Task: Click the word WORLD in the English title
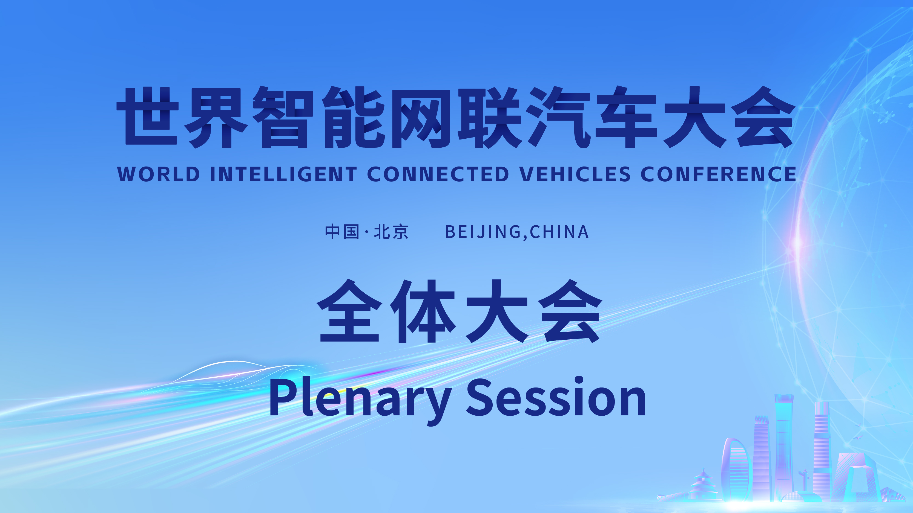pyautogui.click(x=159, y=174)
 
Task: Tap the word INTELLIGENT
pyautogui.click(x=283, y=174)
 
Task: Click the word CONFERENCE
pyautogui.click(x=718, y=174)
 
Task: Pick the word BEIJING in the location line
pyautogui.click(x=483, y=232)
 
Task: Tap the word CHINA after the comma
pyautogui.click(x=559, y=232)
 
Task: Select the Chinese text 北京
pyautogui.click(x=391, y=232)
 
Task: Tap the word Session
pyautogui.click(x=556, y=397)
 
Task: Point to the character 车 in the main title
pyautogui.click(x=627, y=117)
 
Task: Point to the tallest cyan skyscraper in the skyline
pyautogui.click(x=784, y=446)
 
